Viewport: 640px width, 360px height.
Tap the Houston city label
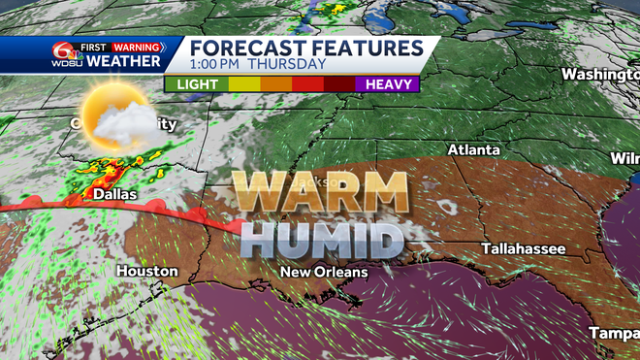[x=147, y=272]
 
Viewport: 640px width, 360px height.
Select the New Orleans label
[x=324, y=273]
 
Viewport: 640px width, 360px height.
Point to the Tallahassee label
[x=524, y=249]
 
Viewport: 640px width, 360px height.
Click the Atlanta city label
[x=473, y=150]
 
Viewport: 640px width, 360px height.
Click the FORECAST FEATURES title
[x=305, y=48]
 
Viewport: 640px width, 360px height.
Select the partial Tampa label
[x=615, y=333]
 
